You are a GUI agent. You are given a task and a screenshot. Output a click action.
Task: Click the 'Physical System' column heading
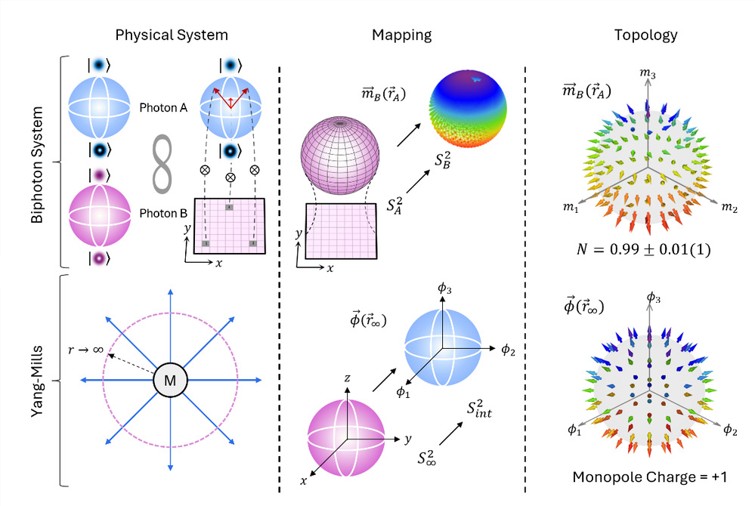172,35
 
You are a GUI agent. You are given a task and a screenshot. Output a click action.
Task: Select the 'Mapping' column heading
401,35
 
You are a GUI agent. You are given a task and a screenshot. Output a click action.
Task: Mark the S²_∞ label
429,458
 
